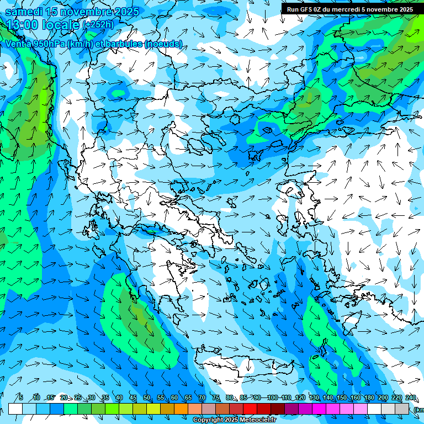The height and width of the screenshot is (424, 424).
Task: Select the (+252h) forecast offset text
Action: [98, 25]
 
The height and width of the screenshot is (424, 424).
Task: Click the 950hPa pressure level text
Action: [46, 44]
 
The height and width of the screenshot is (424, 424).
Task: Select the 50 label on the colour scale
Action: [147, 397]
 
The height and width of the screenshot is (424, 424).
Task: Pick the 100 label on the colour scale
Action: [272, 397]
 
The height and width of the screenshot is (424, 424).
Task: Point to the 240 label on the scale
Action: [411, 397]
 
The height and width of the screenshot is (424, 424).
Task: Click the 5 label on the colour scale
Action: [21, 397]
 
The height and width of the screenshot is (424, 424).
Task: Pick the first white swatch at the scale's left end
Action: [15, 409]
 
